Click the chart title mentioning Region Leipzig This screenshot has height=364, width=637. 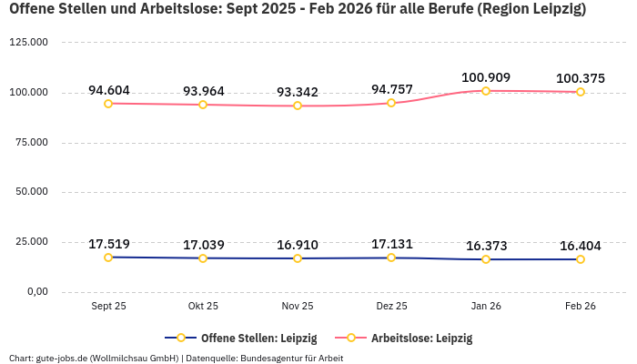tap(298, 11)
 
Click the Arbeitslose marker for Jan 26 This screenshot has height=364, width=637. tap(486, 91)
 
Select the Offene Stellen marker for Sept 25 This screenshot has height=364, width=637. tap(108, 258)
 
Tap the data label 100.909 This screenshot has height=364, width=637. tap(486, 77)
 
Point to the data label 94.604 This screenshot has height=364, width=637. tap(108, 90)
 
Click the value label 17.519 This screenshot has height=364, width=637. tap(108, 244)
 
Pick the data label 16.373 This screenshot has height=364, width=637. tap(486, 246)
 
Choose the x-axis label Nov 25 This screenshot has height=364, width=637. tap(298, 307)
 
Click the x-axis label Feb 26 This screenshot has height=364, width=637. tap(580, 307)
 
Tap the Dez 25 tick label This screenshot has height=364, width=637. tap(391, 307)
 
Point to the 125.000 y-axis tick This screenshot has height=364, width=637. tap(29, 43)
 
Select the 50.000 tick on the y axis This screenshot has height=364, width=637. tap(32, 192)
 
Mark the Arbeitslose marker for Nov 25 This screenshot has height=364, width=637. tap(298, 106)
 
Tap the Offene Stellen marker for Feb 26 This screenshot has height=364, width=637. tap(581, 259)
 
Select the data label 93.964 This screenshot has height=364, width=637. tap(203, 91)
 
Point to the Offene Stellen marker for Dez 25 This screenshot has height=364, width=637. tap(391, 258)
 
